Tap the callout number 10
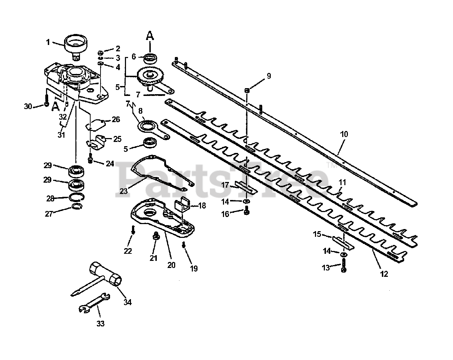click(344, 135)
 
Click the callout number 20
click(171, 264)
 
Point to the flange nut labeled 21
click(155, 236)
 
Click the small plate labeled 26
click(96, 124)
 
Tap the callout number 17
click(225, 185)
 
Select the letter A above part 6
click(150, 35)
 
